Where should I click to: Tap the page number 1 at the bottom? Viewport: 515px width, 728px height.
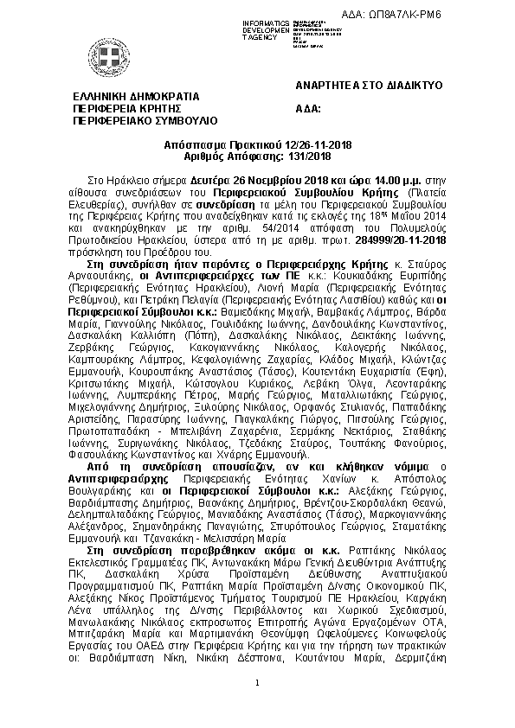(257, 685)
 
